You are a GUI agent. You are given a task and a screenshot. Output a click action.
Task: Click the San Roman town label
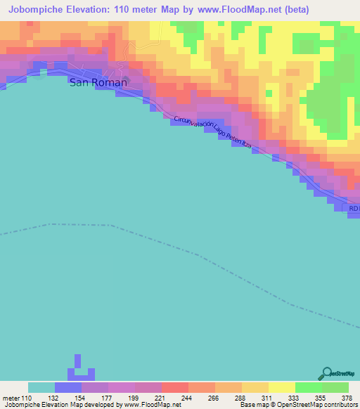(x=98, y=82)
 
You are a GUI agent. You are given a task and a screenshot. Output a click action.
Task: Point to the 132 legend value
(x=54, y=398)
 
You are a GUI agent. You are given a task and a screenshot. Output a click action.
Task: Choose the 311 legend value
(x=266, y=398)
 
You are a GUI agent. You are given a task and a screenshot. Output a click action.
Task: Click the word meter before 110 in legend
(x=13, y=398)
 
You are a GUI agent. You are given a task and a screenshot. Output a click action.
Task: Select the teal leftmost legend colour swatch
(x=41, y=387)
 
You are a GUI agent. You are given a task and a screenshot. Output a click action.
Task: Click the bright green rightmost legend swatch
(x=335, y=387)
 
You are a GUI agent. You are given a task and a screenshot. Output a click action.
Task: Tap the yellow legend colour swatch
(x=281, y=387)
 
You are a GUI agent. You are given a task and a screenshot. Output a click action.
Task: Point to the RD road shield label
(x=354, y=208)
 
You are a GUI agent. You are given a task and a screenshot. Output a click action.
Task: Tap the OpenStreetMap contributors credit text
(x=316, y=405)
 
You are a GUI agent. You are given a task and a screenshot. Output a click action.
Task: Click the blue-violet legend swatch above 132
(x=67, y=387)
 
